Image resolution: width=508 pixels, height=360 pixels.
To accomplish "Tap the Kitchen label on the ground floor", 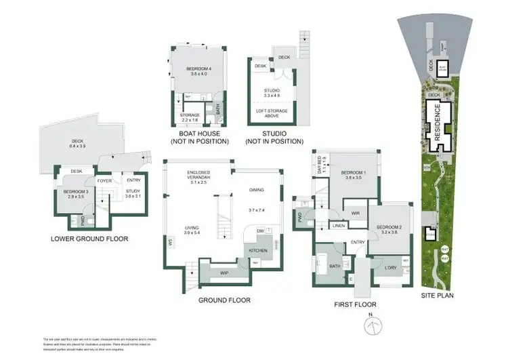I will [x=258, y=251].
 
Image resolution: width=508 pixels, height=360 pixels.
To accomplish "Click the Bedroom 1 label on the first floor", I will [x=355, y=175].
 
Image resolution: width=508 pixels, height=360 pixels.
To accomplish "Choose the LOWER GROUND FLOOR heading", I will [x=89, y=239].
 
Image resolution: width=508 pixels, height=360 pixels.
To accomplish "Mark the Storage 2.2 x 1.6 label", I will [x=190, y=117].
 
